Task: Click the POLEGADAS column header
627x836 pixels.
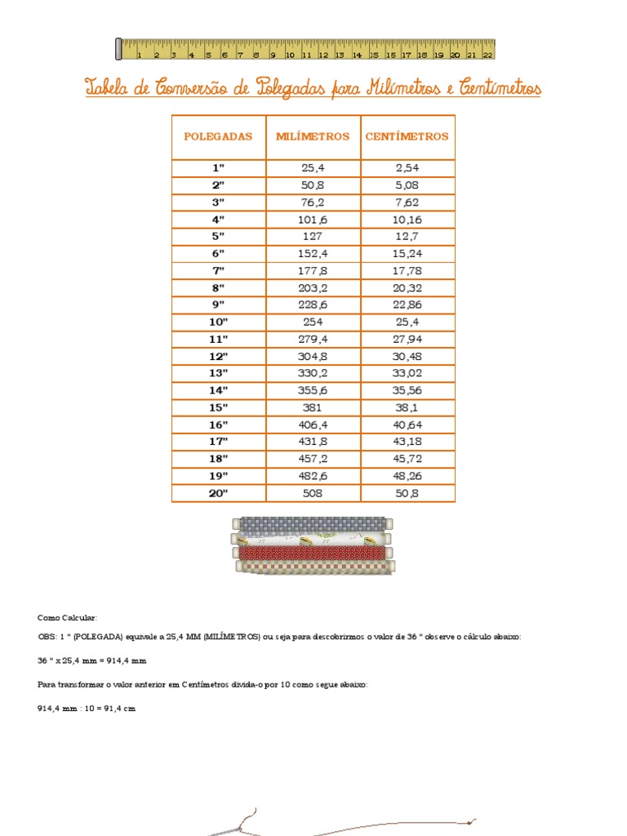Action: point(218,136)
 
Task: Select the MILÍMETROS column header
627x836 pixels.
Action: point(313,136)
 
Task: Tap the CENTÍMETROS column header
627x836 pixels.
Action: point(407,136)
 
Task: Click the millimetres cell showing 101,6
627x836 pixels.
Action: point(313,219)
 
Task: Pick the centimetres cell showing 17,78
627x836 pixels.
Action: point(407,270)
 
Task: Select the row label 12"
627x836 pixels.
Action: point(218,356)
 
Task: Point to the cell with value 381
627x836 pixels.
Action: point(313,407)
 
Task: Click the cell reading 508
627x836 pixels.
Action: point(313,493)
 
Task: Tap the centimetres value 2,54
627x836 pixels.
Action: point(407,167)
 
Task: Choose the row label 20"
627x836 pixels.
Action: point(218,493)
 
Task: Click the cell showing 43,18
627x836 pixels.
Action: point(407,442)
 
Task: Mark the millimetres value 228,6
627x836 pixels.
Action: point(313,305)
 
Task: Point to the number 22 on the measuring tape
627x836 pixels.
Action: point(487,56)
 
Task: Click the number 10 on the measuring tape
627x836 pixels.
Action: point(290,56)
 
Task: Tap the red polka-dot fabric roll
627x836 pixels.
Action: point(312,553)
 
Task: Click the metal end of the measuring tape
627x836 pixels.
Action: point(119,49)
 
